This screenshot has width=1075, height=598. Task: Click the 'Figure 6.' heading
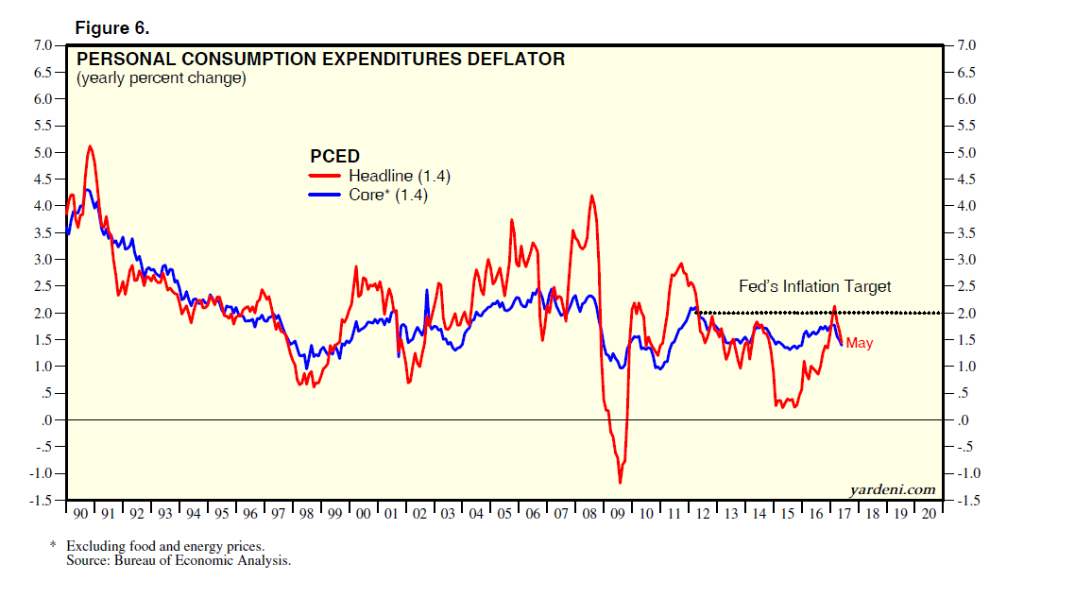tap(111, 28)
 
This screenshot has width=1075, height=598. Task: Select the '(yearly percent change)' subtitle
tap(161, 78)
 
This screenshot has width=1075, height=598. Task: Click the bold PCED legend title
tap(334, 156)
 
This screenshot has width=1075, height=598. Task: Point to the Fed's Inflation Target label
tap(814, 286)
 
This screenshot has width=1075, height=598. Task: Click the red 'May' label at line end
tap(859, 343)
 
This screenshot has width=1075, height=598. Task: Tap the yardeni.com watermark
tap(893, 488)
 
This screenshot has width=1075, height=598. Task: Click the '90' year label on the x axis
tap(80, 513)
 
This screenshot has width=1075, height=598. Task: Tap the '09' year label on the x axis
tap(619, 513)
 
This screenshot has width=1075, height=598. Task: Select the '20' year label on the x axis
tap(930, 513)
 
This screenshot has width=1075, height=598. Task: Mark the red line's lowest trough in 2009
tap(621, 483)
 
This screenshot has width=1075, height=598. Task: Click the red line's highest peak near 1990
tap(90, 146)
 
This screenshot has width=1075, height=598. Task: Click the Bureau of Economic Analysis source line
tap(179, 560)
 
